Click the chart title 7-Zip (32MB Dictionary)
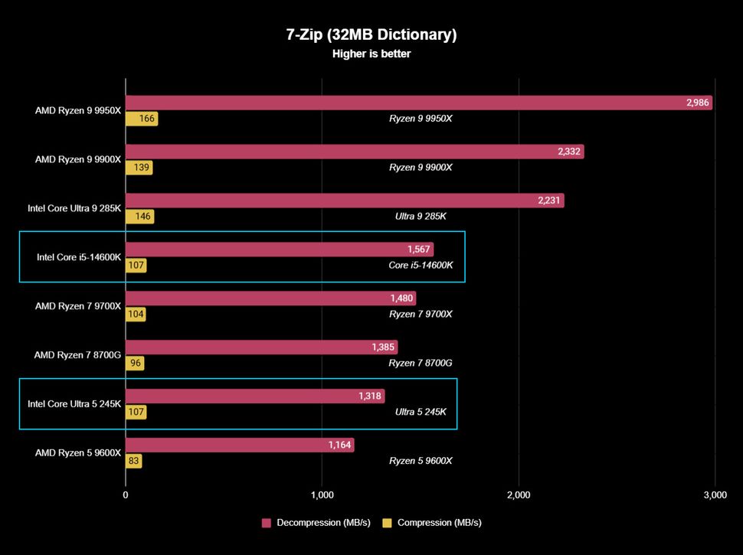[x=371, y=34]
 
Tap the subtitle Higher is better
[x=371, y=54]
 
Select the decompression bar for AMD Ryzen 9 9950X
[x=419, y=103]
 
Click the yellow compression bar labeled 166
[x=142, y=119]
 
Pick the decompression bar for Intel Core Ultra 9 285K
[x=345, y=201]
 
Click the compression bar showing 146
[x=139, y=217]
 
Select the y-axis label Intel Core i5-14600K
[x=79, y=257]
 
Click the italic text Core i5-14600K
[x=421, y=266]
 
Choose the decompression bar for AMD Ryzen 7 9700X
[x=270, y=299]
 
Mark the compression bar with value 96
[x=135, y=364]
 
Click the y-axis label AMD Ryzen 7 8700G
[x=77, y=355]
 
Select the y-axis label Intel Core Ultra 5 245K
[x=74, y=404]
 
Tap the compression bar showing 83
[x=133, y=461]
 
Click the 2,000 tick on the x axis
[x=519, y=495]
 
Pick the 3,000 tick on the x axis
[x=714, y=495]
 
